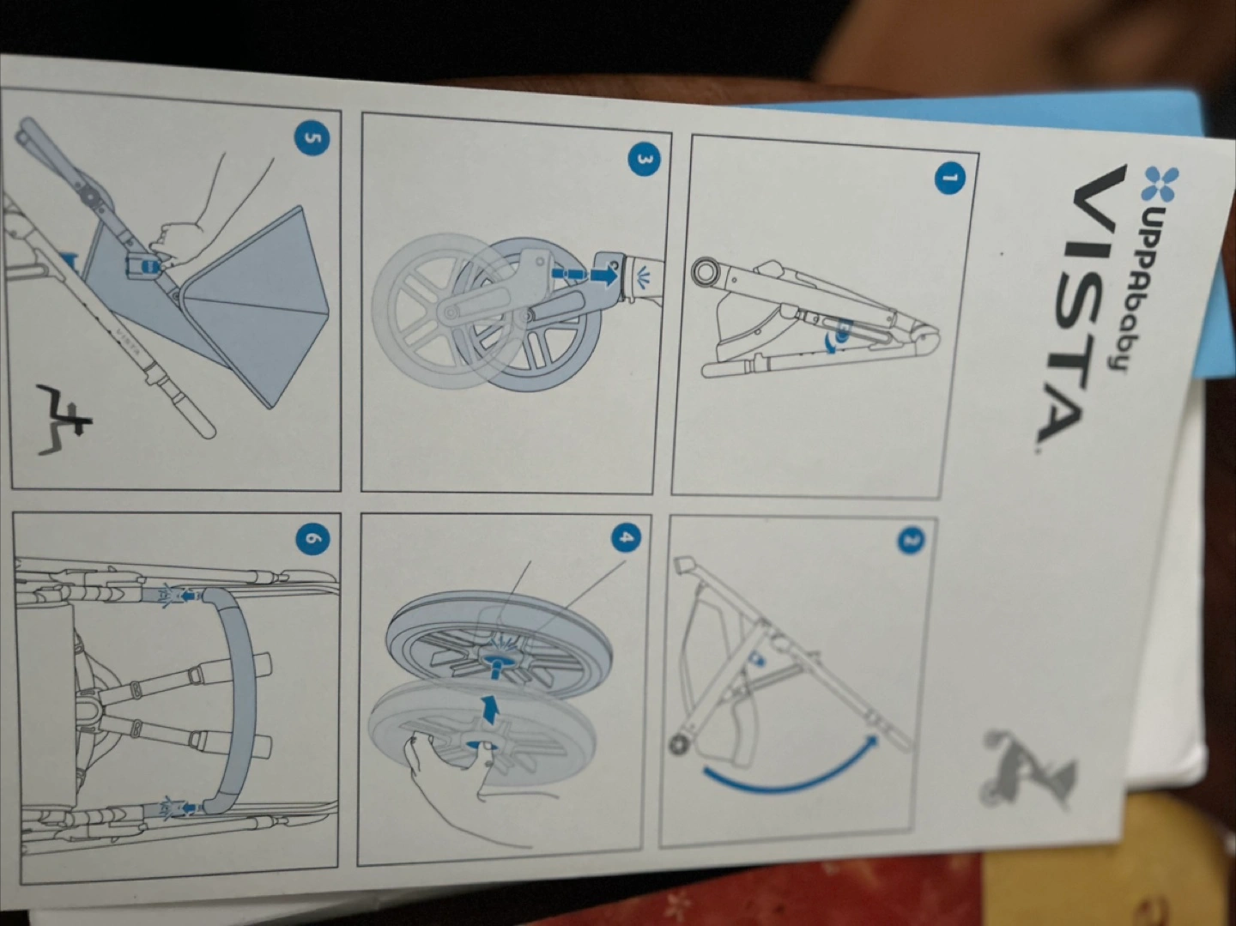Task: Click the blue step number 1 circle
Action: (949, 179)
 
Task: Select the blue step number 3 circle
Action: (645, 160)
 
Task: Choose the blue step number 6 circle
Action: (312, 539)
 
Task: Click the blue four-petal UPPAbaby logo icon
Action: (1160, 184)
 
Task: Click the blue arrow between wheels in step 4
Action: (491, 709)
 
